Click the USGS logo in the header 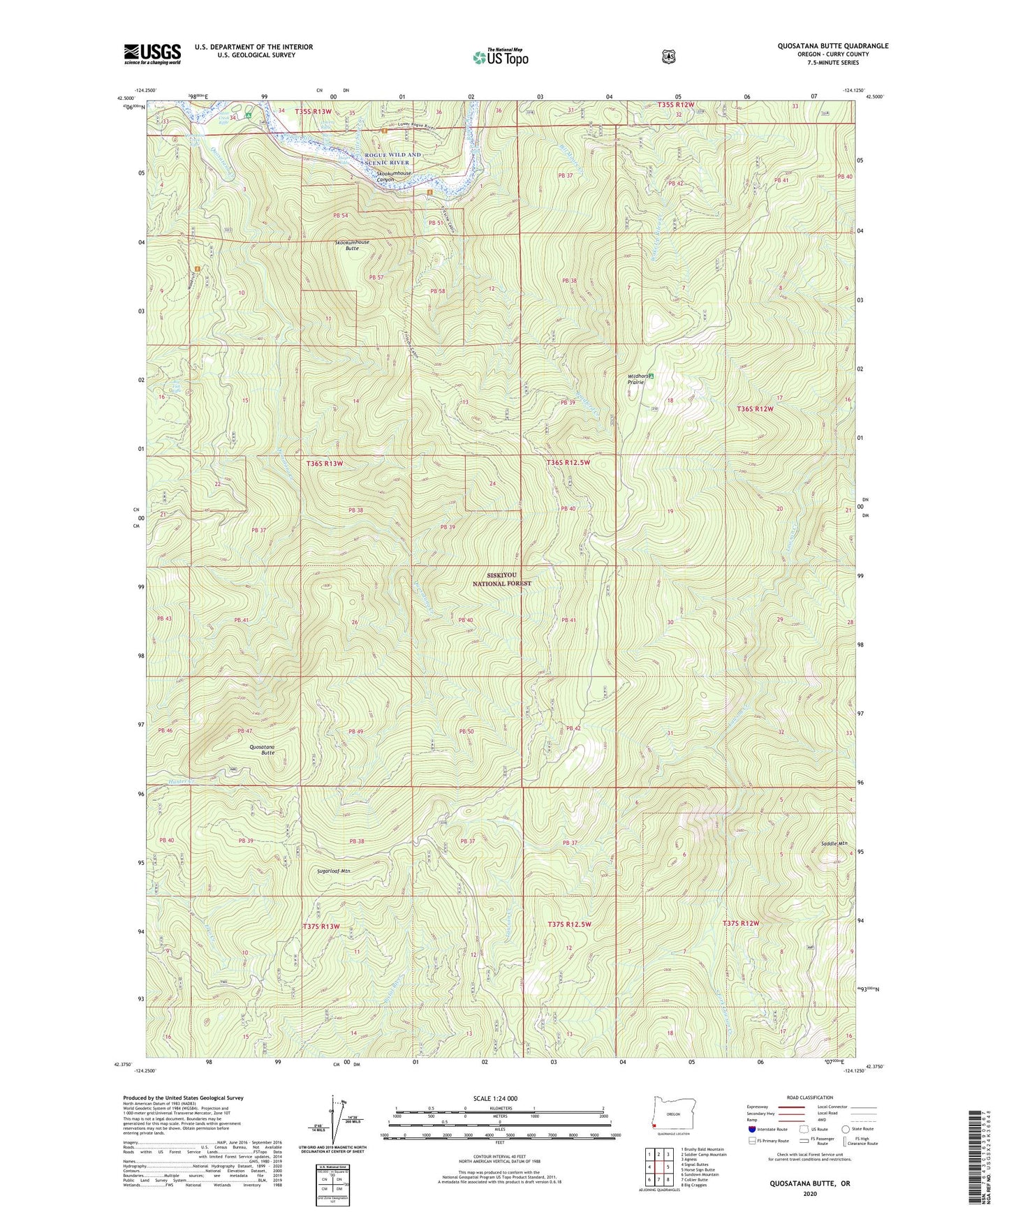tap(152, 53)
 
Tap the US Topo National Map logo tap(500, 57)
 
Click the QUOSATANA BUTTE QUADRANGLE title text tap(833, 46)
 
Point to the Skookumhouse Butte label tap(352, 245)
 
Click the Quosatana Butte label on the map tap(262, 750)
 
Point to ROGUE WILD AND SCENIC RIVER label tap(393, 158)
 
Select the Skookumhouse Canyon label tap(395, 177)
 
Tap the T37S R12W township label tap(740, 923)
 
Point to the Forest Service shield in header tap(668, 56)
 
